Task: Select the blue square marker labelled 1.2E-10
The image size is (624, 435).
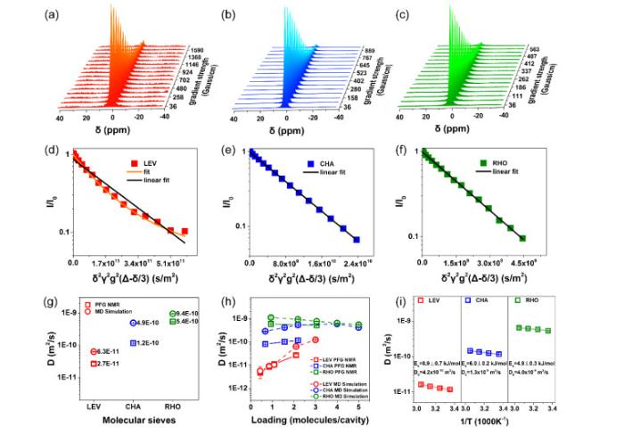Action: click(x=133, y=343)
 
